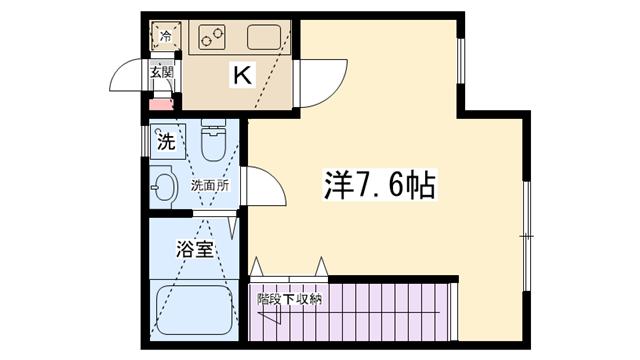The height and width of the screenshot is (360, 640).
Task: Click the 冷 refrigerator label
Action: [x=165, y=36]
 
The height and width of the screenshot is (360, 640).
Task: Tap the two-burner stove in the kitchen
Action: [x=212, y=37]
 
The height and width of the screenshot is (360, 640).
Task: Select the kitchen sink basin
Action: [x=264, y=37]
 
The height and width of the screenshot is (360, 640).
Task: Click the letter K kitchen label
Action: [x=242, y=74]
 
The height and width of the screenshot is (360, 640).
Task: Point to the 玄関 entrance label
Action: [x=162, y=73]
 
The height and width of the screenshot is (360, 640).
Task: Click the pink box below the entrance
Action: [x=160, y=104]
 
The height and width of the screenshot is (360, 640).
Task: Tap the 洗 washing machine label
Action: [x=166, y=142]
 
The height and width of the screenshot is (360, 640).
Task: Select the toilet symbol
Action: [x=213, y=140]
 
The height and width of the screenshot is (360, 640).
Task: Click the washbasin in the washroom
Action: [x=163, y=187]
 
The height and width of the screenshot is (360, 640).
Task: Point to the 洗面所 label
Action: [x=210, y=186]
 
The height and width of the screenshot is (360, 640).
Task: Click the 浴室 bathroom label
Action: [x=195, y=249]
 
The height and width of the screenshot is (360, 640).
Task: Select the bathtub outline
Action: [x=194, y=310]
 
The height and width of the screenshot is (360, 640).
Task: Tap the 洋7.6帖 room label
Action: [x=380, y=184]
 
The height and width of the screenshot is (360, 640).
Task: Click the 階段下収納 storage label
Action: [x=289, y=299]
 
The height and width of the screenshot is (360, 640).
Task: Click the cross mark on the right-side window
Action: [x=527, y=236]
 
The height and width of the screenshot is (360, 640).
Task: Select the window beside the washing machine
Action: [x=145, y=142]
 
